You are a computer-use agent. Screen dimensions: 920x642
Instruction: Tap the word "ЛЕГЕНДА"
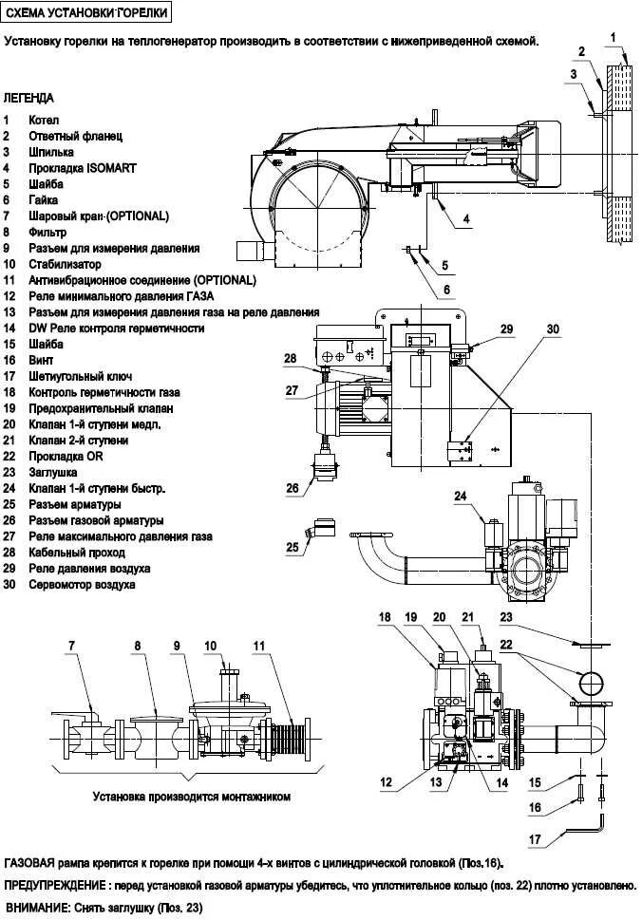(x=29, y=98)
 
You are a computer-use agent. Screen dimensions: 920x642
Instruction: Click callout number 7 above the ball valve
(x=70, y=647)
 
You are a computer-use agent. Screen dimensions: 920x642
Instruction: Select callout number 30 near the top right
(x=554, y=329)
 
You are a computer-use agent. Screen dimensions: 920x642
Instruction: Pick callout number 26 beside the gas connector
(x=293, y=489)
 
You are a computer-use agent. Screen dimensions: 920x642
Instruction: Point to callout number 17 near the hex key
(x=536, y=839)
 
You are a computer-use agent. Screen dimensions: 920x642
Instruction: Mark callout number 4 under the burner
(x=466, y=219)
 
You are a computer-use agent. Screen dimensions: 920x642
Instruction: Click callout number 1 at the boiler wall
(x=614, y=37)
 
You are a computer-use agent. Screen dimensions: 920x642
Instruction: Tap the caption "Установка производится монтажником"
(x=191, y=797)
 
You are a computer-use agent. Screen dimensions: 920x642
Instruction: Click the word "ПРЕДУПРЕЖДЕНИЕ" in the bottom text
(x=53, y=885)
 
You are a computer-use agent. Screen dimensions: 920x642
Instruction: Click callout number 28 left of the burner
(x=290, y=359)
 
